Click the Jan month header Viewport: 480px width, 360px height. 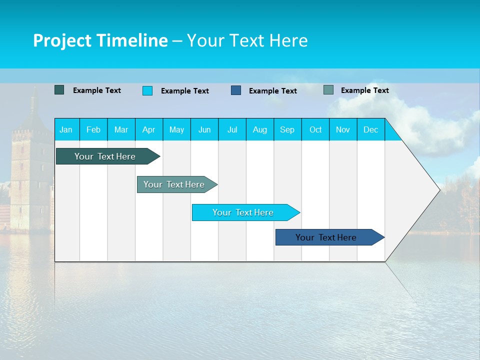66,129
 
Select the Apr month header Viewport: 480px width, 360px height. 148,129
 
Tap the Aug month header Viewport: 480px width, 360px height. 259,129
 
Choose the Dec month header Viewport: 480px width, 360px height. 370,129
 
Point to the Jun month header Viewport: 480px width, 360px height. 204,129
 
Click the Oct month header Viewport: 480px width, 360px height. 315,129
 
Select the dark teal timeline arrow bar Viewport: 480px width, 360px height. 105,156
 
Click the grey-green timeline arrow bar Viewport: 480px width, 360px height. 174,184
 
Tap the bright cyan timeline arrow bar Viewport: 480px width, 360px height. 243,212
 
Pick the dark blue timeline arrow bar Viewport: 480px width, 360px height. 326,237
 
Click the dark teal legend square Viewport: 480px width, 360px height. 59,90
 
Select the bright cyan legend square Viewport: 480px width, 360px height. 147,90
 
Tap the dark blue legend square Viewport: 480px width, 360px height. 235,90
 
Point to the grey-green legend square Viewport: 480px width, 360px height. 328,90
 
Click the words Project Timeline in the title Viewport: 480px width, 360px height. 100,40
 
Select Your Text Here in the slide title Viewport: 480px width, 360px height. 247,40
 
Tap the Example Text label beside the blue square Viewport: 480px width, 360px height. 272,90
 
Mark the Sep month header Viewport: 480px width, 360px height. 287,129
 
